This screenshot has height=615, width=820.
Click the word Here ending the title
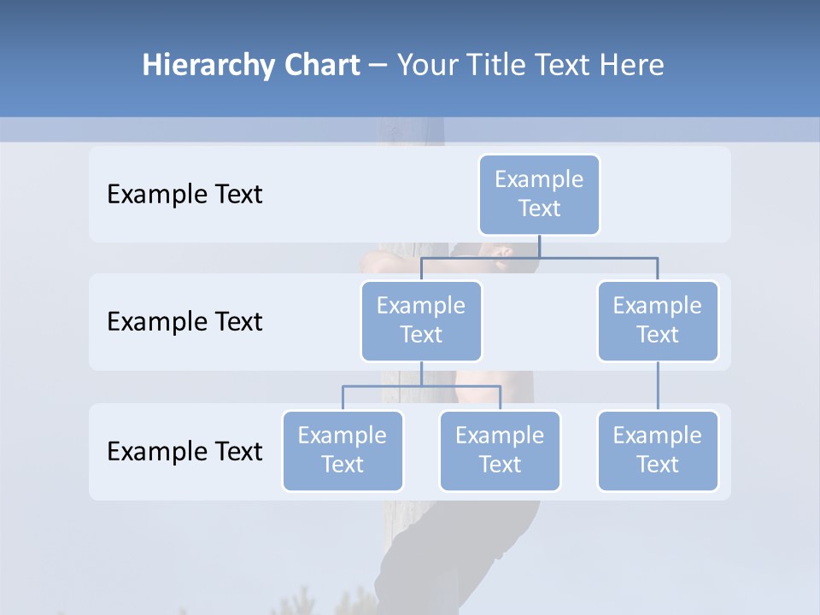[x=631, y=66]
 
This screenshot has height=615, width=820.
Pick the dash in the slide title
[x=378, y=66]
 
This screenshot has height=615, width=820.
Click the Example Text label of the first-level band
[x=184, y=195]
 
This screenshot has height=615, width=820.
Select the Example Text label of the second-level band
[x=184, y=322]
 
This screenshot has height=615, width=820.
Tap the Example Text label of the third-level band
[x=184, y=451]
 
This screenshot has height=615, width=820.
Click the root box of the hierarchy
[x=539, y=195]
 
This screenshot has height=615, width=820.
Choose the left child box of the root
[x=421, y=321]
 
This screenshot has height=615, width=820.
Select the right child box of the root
[x=658, y=321]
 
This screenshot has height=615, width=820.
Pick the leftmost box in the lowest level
[x=343, y=451]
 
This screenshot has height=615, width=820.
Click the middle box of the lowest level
[x=500, y=451]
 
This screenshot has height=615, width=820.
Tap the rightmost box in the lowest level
[x=658, y=451]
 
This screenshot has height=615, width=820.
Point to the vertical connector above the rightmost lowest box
[x=658, y=386]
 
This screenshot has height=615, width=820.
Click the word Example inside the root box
[x=539, y=179]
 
